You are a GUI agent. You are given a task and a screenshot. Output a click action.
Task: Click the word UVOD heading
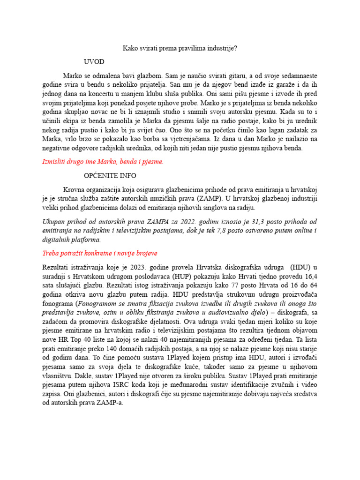pos(94,62)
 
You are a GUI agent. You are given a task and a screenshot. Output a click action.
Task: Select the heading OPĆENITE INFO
pos(110,176)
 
